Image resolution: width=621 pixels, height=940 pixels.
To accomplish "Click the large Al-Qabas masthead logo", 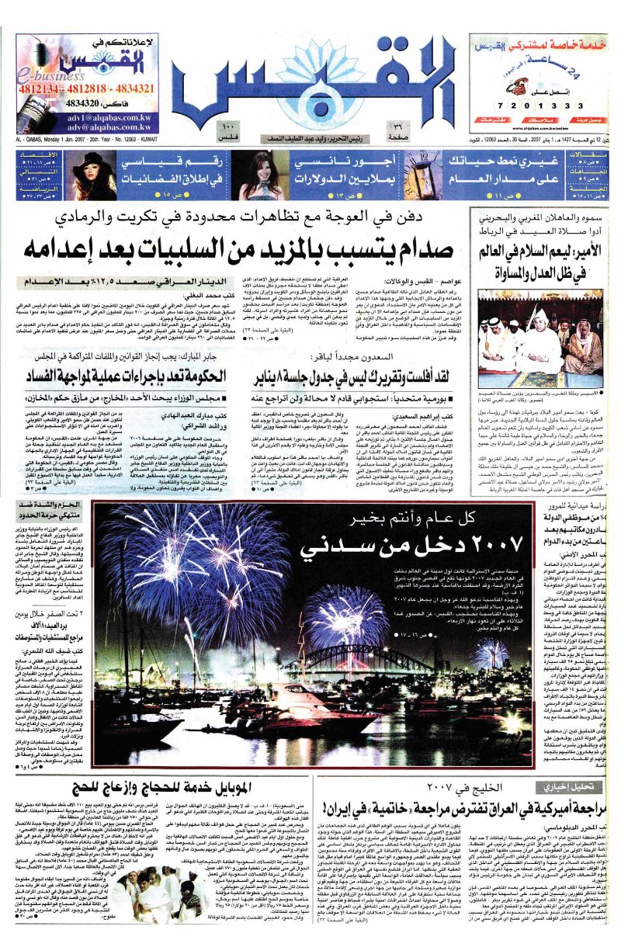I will (310, 78).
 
